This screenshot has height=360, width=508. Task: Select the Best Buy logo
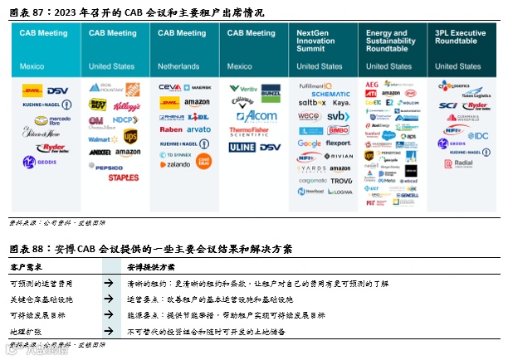(98, 105)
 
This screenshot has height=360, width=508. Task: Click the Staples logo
(123, 177)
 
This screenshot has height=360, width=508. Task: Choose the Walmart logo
(103, 139)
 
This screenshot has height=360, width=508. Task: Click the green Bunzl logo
(270, 90)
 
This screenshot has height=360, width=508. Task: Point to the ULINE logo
(242, 147)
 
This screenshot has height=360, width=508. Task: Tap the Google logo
(309, 144)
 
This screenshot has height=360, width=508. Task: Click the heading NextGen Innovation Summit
(316, 41)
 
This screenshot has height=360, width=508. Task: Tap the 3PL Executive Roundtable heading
(457, 37)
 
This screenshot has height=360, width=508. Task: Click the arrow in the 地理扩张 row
(109, 331)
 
